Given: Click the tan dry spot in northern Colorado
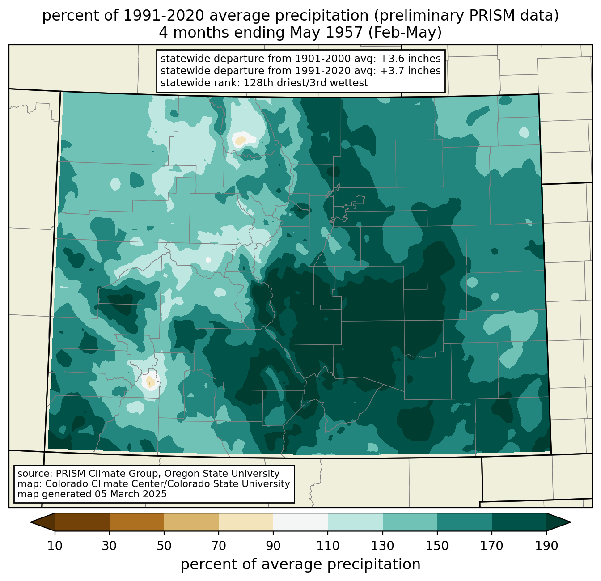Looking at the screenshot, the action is (x=240, y=141).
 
